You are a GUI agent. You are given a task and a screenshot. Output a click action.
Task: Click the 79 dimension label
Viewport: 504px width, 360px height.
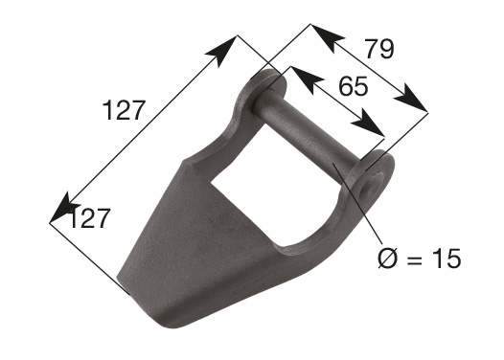click(x=379, y=49)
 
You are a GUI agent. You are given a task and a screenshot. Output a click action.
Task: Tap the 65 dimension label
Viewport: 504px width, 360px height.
click(x=353, y=86)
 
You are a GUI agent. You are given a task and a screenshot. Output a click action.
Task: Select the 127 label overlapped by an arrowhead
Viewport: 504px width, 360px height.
click(x=89, y=218)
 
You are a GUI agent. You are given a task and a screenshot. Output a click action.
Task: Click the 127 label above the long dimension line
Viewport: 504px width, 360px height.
click(x=124, y=110)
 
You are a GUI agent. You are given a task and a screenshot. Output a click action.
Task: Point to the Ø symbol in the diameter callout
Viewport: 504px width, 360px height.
click(x=388, y=258)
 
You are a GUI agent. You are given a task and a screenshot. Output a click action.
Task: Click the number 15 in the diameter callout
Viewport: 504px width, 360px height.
click(x=447, y=259)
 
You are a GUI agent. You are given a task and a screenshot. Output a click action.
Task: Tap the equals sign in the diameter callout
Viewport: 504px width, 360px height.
click(x=415, y=259)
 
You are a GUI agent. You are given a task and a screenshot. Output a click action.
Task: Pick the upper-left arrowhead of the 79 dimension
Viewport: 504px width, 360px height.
click(x=327, y=38)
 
